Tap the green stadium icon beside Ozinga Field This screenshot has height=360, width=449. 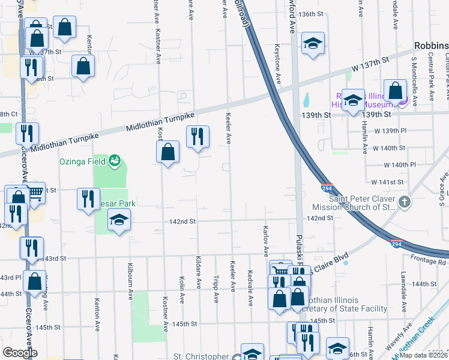point(113,161)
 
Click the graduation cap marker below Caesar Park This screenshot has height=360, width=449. point(119,220)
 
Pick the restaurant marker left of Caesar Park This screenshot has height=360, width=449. point(88,198)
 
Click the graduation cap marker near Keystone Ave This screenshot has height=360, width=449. point(312,43)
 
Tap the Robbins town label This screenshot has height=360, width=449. point(431,46)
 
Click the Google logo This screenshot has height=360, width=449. point(20,352)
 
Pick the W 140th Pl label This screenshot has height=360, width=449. point(399,164)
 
